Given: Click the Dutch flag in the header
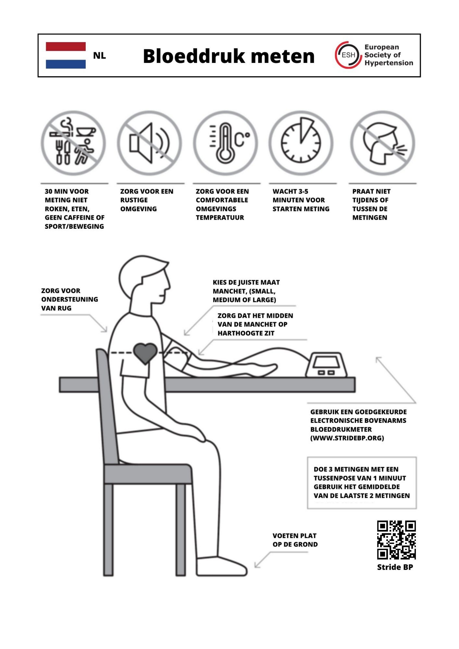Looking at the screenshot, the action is coord(66,55).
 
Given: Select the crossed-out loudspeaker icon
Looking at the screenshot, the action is coord(149,143).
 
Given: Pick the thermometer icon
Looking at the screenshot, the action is coord(225,143).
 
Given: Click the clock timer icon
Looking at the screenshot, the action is coord(301,143).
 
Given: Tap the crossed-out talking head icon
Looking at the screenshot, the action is coord(382,143).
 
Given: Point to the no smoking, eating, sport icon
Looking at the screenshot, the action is coord(73,143).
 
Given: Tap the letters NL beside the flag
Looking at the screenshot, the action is coord(100,56).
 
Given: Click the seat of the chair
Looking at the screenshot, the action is coord(148,474).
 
